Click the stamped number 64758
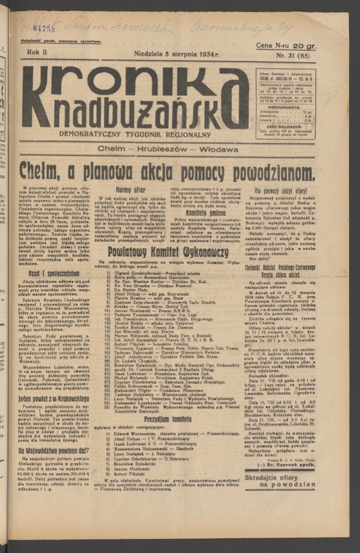click(x=44, y=28)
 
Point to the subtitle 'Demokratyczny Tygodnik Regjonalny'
click(x=135, y=135)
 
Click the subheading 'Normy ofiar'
click(x=131, y=190)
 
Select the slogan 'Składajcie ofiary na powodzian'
click(x=279, y=481)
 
